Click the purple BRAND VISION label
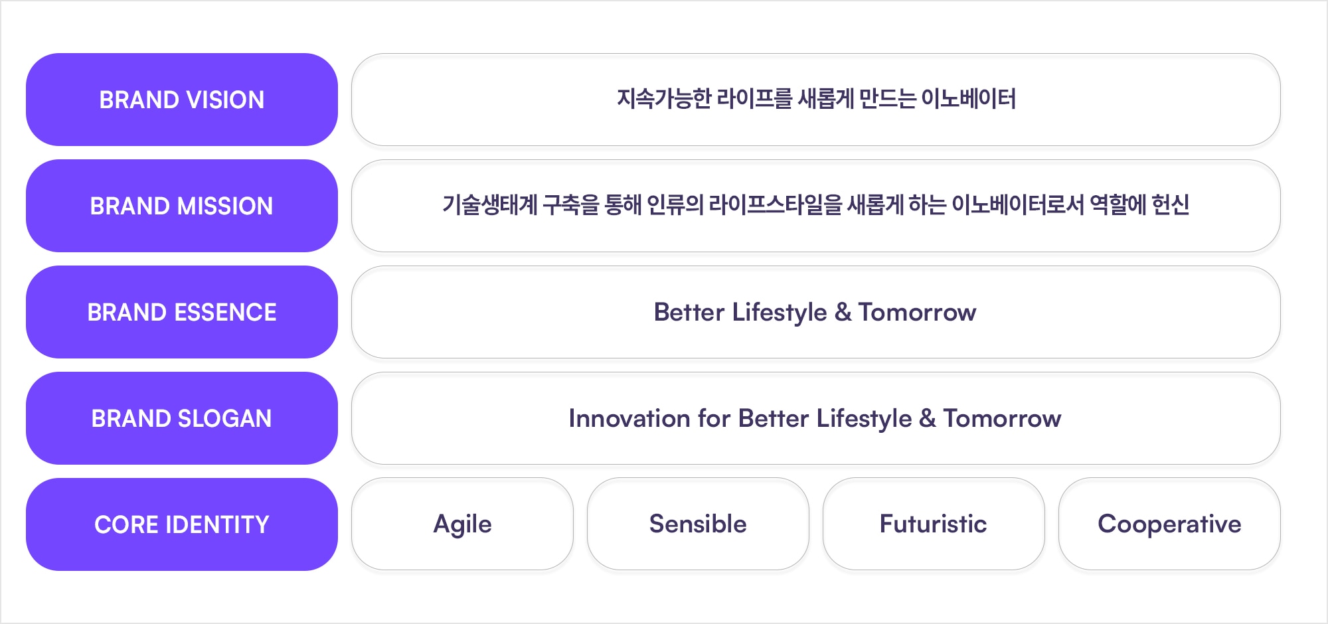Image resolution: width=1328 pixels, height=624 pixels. pos(182,100)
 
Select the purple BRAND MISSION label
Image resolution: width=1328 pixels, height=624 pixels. pos(182,206)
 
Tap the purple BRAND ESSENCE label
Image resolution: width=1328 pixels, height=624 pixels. pos(182,312)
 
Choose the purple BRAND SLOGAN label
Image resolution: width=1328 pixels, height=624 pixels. pos(182,418)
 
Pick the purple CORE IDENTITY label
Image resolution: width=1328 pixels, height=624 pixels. pos(182,524)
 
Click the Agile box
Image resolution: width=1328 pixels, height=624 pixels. pos(462,524)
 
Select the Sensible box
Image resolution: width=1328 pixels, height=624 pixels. pos(698,524)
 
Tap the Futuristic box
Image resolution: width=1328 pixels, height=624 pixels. pos(934,524)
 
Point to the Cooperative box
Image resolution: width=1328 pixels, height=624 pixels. pos(1169,524)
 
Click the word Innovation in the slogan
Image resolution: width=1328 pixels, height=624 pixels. pos(629,419)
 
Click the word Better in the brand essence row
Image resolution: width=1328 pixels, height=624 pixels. pos(689,312)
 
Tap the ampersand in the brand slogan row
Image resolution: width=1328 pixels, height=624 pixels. pos(928,419)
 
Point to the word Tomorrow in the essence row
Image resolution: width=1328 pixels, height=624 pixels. pos(917,313)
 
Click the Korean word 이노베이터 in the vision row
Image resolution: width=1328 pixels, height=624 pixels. pos(969,99)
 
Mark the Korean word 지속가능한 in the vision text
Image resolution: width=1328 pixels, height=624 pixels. pos(664,99)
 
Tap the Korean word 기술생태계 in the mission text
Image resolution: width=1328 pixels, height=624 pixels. pos(490,205)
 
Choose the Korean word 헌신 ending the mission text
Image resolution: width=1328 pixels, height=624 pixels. pos(1171,205)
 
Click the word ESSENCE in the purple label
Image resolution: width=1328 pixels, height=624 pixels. pos(225,313)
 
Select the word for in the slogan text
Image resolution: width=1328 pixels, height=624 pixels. pos(714,419)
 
